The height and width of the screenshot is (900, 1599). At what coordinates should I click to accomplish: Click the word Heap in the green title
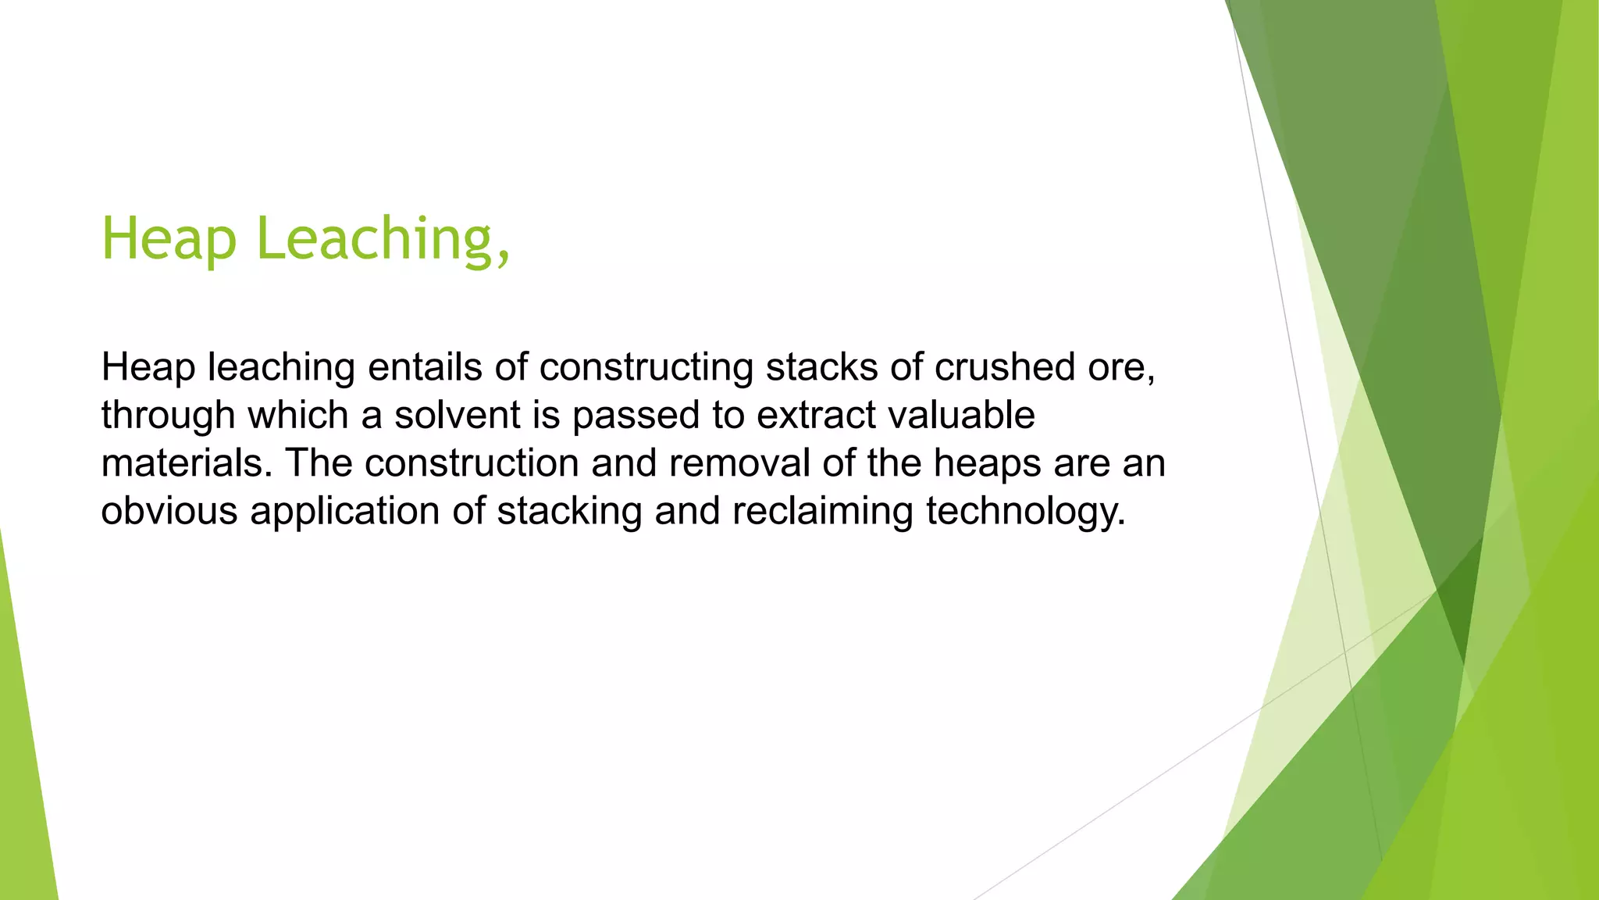coord(169,239)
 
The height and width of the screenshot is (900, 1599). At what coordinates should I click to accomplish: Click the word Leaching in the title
coord(374,239)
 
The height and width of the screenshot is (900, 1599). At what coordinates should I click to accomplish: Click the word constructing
coord(646,367)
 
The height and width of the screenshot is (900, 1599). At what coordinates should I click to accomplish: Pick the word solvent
coord(457,415)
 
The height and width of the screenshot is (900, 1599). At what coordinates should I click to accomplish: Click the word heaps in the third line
coord(986,463)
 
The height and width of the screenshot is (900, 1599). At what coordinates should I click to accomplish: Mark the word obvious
coord(169,511)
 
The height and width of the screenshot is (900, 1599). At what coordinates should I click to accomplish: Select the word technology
coord(1025,512)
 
